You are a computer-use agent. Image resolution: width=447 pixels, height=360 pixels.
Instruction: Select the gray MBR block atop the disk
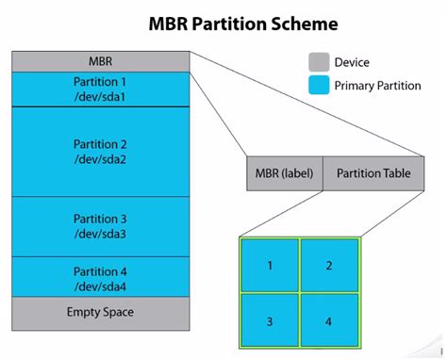[x=100, y=61]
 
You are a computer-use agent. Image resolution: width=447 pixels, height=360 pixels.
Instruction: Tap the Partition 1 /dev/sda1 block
[x=100, y=90]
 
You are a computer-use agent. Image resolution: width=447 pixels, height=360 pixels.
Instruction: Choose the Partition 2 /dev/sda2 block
[x=100, y=151]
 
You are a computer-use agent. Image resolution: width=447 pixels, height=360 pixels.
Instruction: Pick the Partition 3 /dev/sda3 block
[x=100, y=226]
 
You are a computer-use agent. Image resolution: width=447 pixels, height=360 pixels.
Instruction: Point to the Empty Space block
[x=100, y=312]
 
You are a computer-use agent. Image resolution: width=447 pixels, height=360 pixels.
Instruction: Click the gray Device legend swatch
[x=319, y=62]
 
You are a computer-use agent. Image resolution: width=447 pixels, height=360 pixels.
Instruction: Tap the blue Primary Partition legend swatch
[x=319, y=86]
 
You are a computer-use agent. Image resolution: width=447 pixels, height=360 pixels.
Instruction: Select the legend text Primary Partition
[x=376, y=86]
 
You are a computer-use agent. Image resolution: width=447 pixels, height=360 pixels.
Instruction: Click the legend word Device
[x=351, y=63]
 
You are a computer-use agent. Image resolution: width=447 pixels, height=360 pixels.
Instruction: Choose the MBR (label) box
[x=284, y=173]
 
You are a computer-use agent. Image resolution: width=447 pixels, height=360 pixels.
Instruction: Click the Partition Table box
[x=373, y=173]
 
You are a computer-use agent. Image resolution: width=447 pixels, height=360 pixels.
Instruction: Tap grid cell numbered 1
[x=270, y=266]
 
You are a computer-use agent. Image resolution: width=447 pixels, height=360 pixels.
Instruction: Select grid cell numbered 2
[x=328, y=266]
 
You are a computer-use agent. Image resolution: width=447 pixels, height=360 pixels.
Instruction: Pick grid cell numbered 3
[x=270, y=322]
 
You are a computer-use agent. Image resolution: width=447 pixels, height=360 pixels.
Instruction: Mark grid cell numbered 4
[x=328, y=322]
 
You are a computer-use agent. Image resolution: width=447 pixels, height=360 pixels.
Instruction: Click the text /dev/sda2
[x=100, y=159]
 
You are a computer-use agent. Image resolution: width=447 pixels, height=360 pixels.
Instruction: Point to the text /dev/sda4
[x=100, y=286]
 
